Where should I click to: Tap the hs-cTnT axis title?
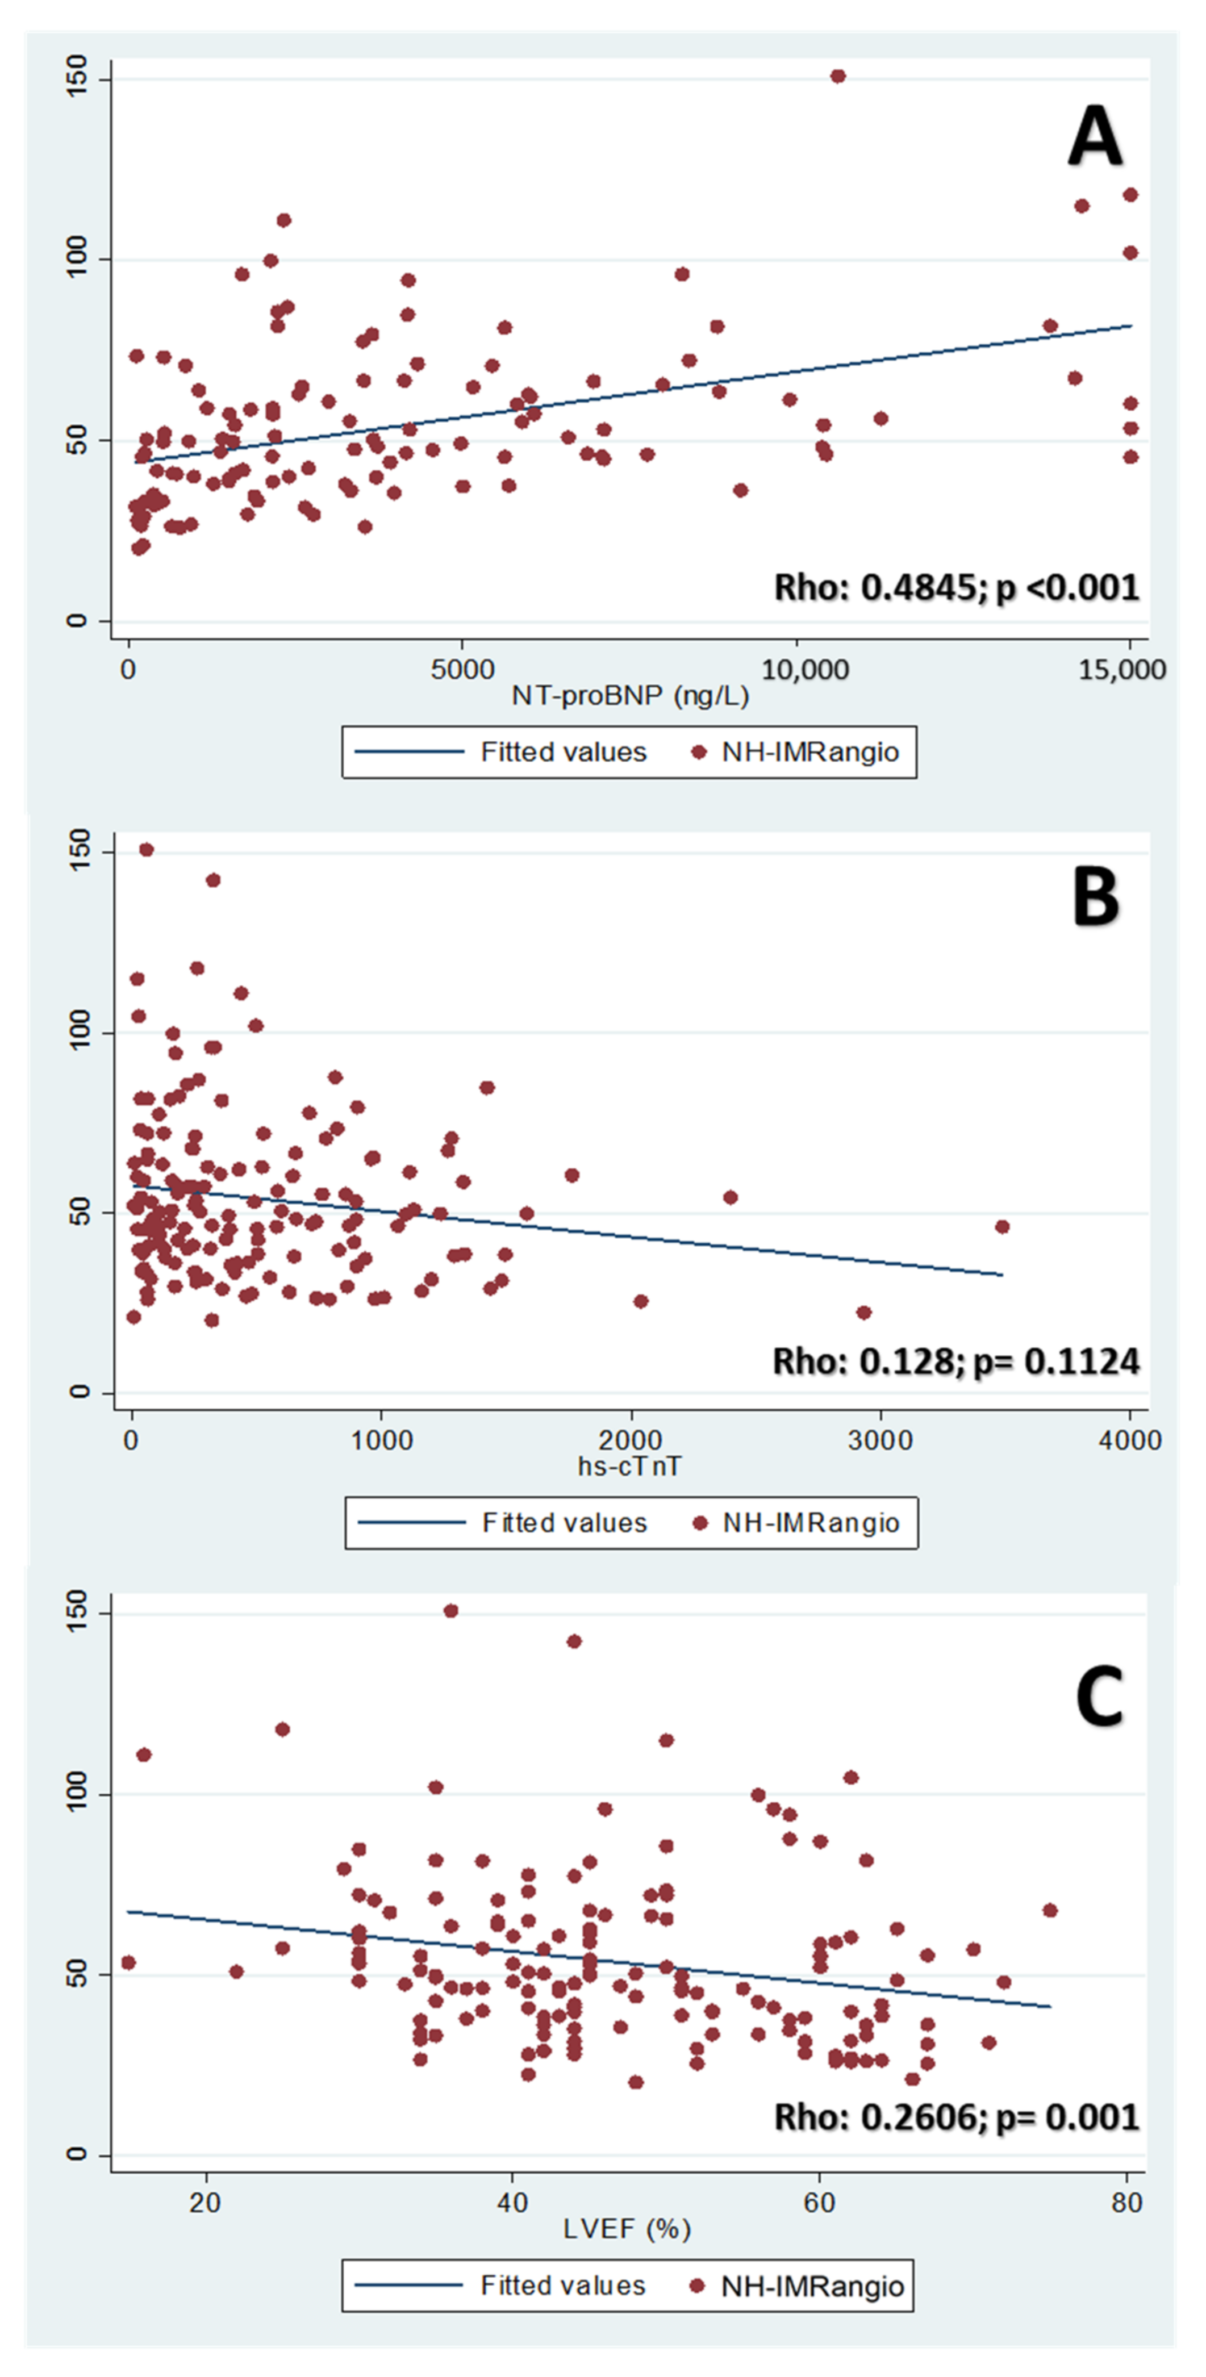point(629,1465)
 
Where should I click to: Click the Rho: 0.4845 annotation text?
point(957,587)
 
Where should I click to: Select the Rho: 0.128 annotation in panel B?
point(956,1361)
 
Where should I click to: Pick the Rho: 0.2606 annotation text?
point(957,2116)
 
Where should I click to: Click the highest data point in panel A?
point(838,76)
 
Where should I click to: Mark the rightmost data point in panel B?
point(1002,1226)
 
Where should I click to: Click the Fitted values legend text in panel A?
point(564,752)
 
